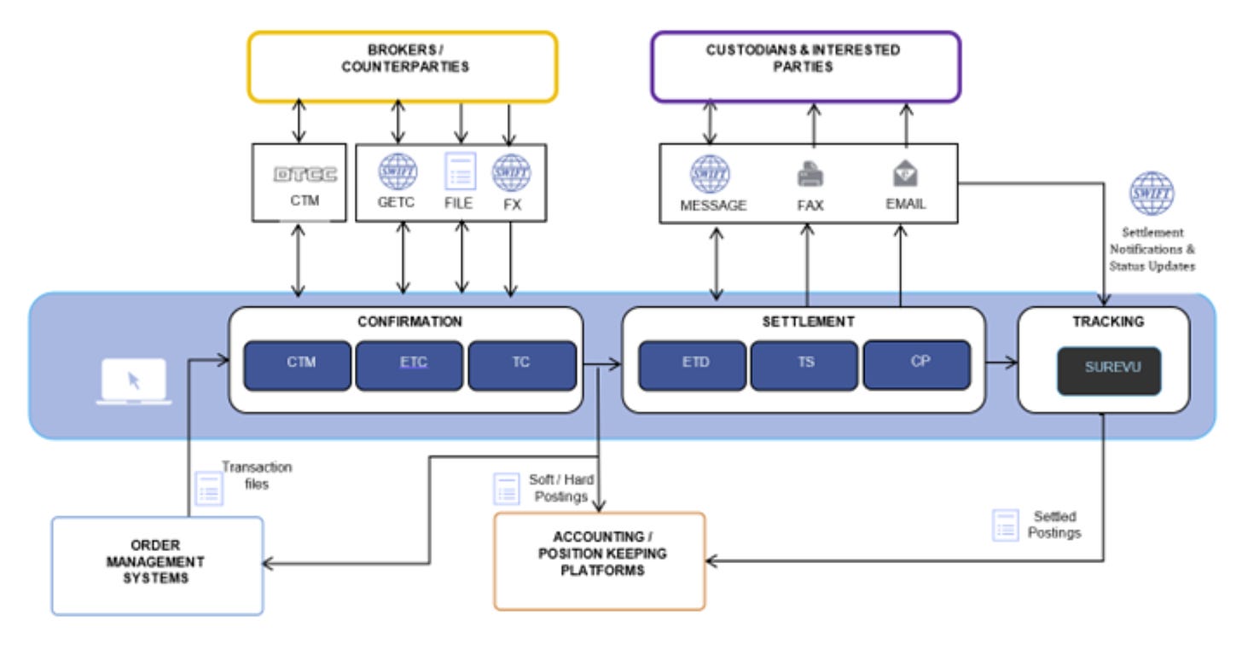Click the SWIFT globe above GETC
(398, 171)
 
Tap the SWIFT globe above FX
(511, 171)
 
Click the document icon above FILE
(460, 171)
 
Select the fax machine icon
(810, 174)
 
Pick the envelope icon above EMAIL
(905, 174)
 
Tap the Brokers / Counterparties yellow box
(403, 67)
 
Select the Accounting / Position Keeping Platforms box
(599, 560)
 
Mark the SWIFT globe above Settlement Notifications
(1152, 194)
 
